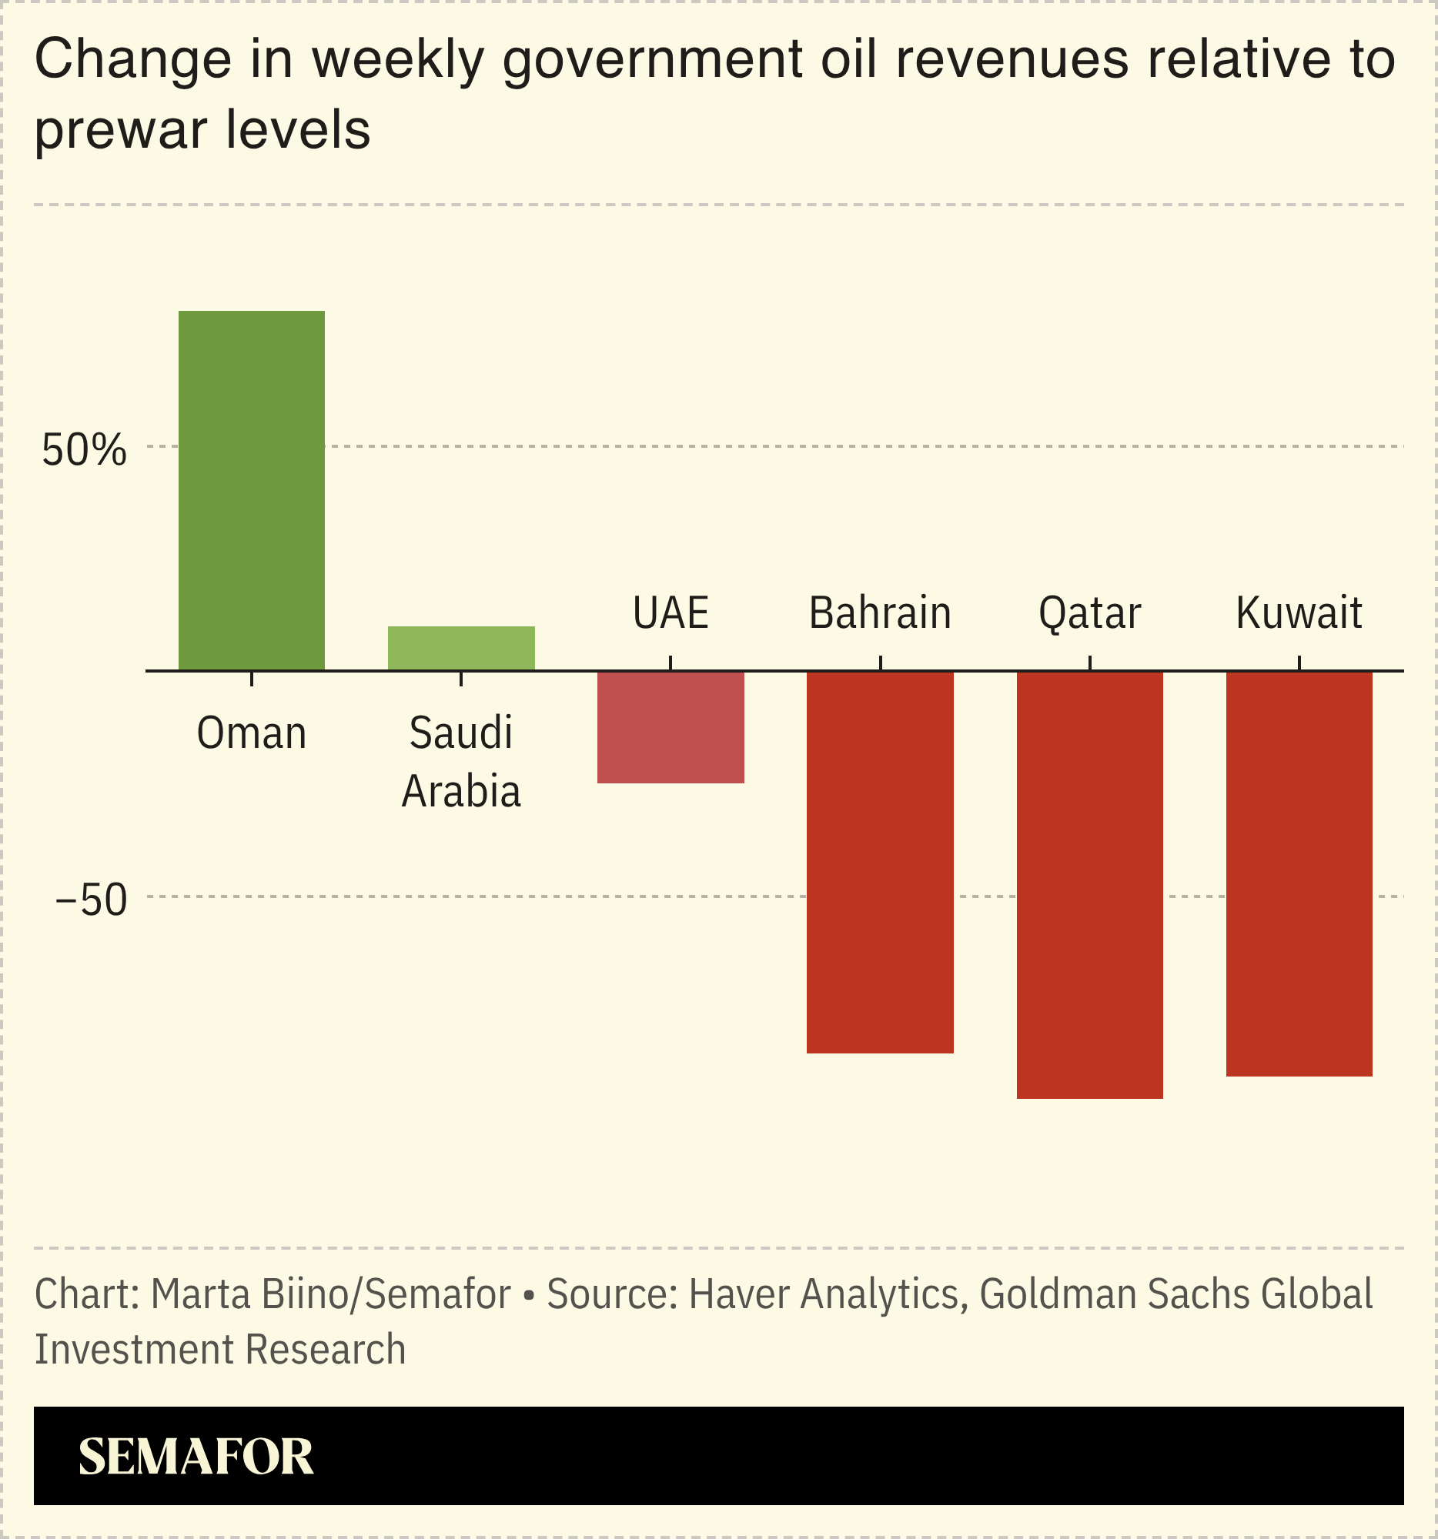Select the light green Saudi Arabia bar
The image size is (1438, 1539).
461,648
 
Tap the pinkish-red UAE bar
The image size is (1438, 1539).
671,727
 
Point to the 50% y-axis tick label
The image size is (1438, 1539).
84,450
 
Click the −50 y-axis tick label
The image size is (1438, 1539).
91,900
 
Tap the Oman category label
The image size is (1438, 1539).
251,733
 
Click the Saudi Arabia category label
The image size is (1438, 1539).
461,762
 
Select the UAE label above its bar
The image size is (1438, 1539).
671,613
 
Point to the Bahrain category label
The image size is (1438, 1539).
880,613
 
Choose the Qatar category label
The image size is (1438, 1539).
1089,613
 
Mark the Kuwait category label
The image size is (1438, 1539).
1299,613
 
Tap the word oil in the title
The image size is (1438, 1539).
848,59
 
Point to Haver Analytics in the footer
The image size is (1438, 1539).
823,1294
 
